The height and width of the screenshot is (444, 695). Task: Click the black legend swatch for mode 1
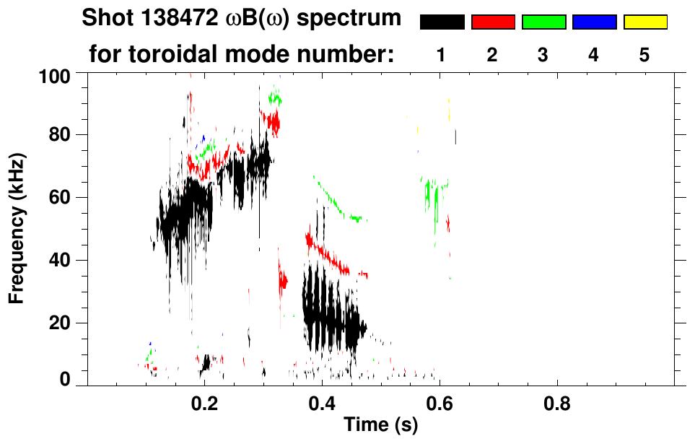(442, 22)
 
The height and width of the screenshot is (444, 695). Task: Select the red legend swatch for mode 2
(493, 22)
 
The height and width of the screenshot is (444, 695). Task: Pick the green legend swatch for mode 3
(543, 22)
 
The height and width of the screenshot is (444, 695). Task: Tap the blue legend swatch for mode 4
(594, 22)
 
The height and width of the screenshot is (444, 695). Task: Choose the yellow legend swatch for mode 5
(645, 22)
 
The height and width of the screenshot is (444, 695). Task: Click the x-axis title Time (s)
(380, 426)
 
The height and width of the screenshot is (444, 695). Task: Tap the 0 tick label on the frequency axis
(66, 379)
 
